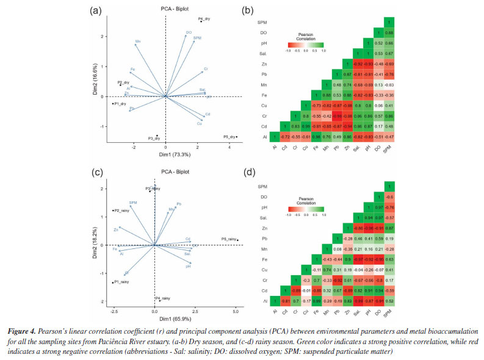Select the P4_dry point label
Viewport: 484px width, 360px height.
point(204,20)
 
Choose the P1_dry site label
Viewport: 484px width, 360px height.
point(120,104)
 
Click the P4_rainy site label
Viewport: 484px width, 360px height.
point(162,298)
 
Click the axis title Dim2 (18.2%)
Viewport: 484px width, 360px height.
point(96,243)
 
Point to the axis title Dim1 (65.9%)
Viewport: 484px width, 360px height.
point(172,319)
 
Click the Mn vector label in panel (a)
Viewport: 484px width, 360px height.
point(138,43)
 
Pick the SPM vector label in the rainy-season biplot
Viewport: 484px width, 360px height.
point(133,202)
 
